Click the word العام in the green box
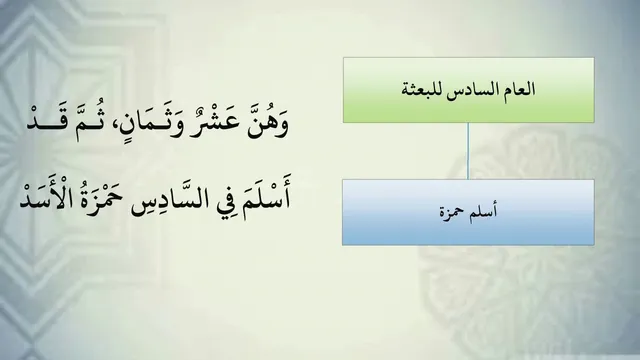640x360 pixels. click(520, 89)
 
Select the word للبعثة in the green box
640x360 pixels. click(422, 89)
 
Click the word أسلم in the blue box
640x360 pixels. click(482, 212)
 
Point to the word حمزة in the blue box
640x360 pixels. click(451, 213)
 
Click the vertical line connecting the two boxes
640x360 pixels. click(468, 151)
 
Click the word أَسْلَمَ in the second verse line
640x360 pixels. click(267, 196)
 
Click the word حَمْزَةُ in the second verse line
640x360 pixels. click(100, 198)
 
